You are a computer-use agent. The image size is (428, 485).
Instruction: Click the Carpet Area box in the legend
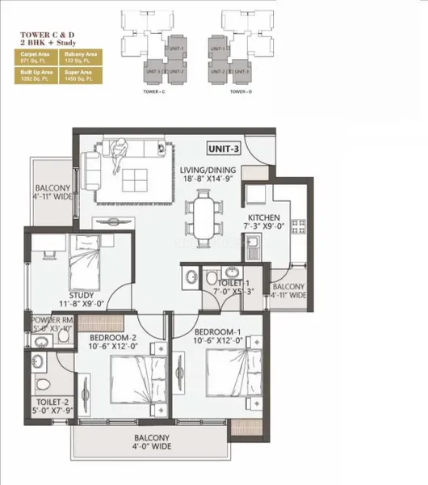coord(35,58)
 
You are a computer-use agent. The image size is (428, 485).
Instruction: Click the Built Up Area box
coord(35,78)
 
